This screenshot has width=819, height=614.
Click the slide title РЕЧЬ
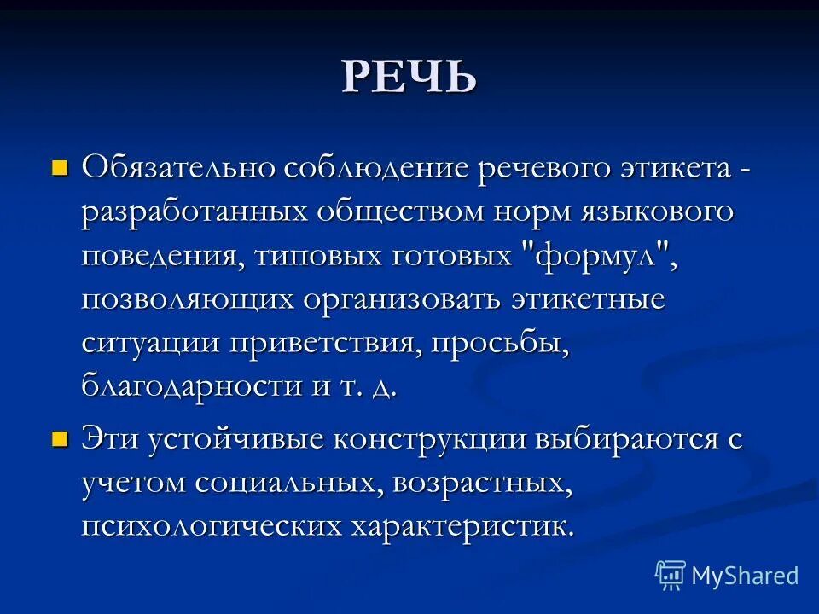point(409,77)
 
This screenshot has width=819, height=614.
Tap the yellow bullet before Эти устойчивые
point(59,439)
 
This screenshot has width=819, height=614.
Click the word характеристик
point(461,525)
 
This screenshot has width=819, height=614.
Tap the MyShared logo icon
point(670,576)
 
